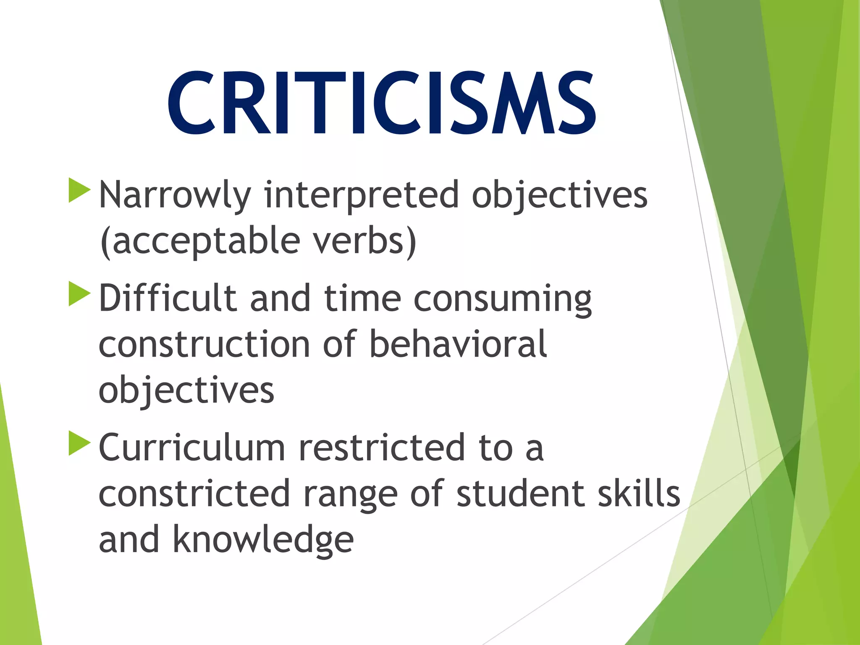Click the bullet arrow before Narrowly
tap(79, 191)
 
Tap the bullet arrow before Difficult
tap(79, 294)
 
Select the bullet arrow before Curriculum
tap(79, 443)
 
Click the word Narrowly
tap(175, 195)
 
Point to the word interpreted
tap(361, 195)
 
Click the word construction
tap(204, 344)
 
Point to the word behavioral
tap(458, 344)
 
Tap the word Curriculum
tap(192, 448)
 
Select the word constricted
tap(194, 494)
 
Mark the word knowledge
tap(263, 540)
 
